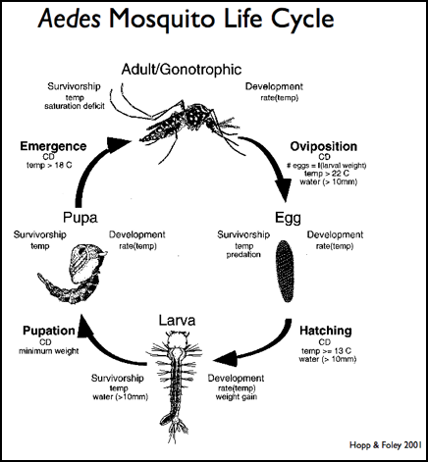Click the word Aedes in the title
point(69,19)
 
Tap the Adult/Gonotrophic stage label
point(182,70)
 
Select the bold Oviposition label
point(323,146)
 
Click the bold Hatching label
point(326,331)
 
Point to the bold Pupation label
point(49,331)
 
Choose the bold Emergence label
point(53,146)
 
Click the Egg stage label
point(288,218)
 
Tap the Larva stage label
point(177,321)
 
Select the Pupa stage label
point(80,218)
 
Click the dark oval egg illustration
point(285,271)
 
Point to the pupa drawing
point(72,273)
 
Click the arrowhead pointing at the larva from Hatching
point(226,359)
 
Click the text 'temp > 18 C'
point(49,166)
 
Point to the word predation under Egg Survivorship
point(243,255)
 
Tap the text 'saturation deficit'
point(75,106)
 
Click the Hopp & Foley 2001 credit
point(385,445)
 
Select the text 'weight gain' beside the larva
point(237,397)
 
